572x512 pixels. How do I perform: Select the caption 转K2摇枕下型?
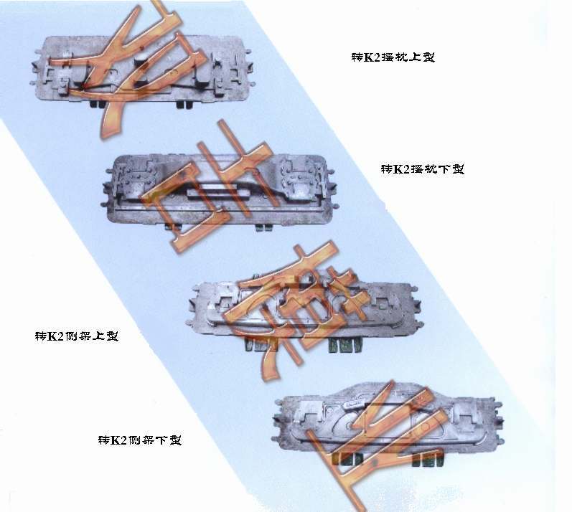coord(423,169)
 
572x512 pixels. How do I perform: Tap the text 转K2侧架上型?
coord(77,336)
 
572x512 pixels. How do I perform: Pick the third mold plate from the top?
coord(301,312)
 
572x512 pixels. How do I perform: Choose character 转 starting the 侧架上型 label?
coord(41,336)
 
